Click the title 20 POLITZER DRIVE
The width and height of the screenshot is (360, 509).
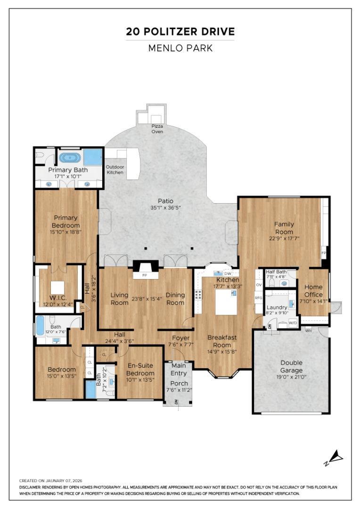click(x=180, y=32)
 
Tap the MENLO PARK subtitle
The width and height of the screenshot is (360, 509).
click(x=180, y=48)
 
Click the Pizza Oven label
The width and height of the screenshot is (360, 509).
click(x=157, y=129)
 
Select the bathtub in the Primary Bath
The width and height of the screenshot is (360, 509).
click(x=69, y=157)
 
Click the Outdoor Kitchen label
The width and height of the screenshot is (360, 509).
click(x=115, y=170)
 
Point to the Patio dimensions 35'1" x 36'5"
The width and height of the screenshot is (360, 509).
click(x=162, y=208)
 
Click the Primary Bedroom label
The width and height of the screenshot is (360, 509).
click(x=65, y=222)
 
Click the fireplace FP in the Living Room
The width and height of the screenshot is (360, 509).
click(x=145, y=274)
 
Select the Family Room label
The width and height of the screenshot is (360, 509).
click(x=284, y=228)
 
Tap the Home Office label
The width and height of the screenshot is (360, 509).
click(x=313, y=291)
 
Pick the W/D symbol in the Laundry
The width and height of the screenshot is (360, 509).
click(x=293, y=323)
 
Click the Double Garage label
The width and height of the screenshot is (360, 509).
click(x=291, y=366)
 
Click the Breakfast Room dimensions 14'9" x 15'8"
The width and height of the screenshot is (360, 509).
click(x=222, y=351)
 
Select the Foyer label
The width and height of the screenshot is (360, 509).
click(x=180, y=337)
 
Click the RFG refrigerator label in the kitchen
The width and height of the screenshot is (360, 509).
click(x=258, y=298)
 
